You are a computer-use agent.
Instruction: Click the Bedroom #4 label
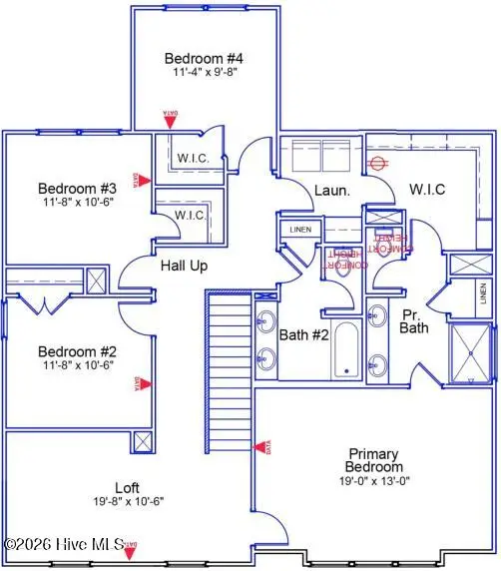click(x=204, y=58)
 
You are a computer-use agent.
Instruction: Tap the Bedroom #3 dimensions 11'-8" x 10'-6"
click(x=78, y=203)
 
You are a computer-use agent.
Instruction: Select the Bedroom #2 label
click(x=78, y=351)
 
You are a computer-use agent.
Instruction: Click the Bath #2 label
click(x=304, y=335)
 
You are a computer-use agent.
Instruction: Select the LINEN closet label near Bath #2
click(x=300, y=230)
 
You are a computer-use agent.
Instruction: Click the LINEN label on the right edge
click(x=483, y=299)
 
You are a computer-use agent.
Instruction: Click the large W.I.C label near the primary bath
click(x=426, y=189)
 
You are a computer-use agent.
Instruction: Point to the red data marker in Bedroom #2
click(x=145, y=382)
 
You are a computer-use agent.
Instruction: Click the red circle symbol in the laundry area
click(x=377, y=162)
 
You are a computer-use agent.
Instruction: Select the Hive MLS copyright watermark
click(x=64, y=545)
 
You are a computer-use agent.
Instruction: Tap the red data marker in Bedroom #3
click(x=145, y=181)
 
